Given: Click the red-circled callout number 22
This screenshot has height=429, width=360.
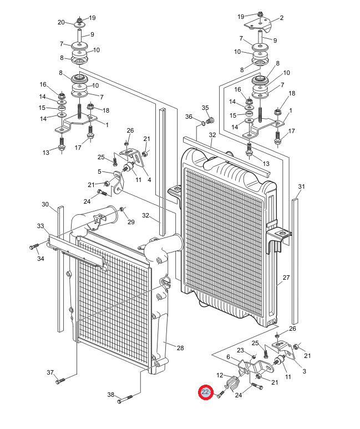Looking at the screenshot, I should click(x=206, y=393).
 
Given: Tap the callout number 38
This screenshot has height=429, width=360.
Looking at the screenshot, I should click(x=111, y=396).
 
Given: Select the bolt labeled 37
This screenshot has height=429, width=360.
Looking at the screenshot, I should click(x=60, y=381).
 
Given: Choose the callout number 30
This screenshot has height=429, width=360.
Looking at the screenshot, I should click(x=45, y=204).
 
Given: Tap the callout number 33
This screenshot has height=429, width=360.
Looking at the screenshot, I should click(x=40, y=226).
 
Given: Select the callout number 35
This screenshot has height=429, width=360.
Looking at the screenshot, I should click(x=205, y=108).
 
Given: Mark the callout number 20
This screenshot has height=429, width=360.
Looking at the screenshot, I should click(x=61, y=22).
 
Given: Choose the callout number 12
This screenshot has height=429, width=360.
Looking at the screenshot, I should click(x=220, y=375).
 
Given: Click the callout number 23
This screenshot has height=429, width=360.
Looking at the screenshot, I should click(x=240, y=350).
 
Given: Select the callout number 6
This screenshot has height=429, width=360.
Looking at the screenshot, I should click(x=228, y=357).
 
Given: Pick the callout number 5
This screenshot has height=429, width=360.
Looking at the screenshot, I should click(x=100, y=171).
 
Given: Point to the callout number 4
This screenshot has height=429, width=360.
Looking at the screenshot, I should click(x=149, y=179).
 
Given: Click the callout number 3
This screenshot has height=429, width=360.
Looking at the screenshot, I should click(x=304, y=371).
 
